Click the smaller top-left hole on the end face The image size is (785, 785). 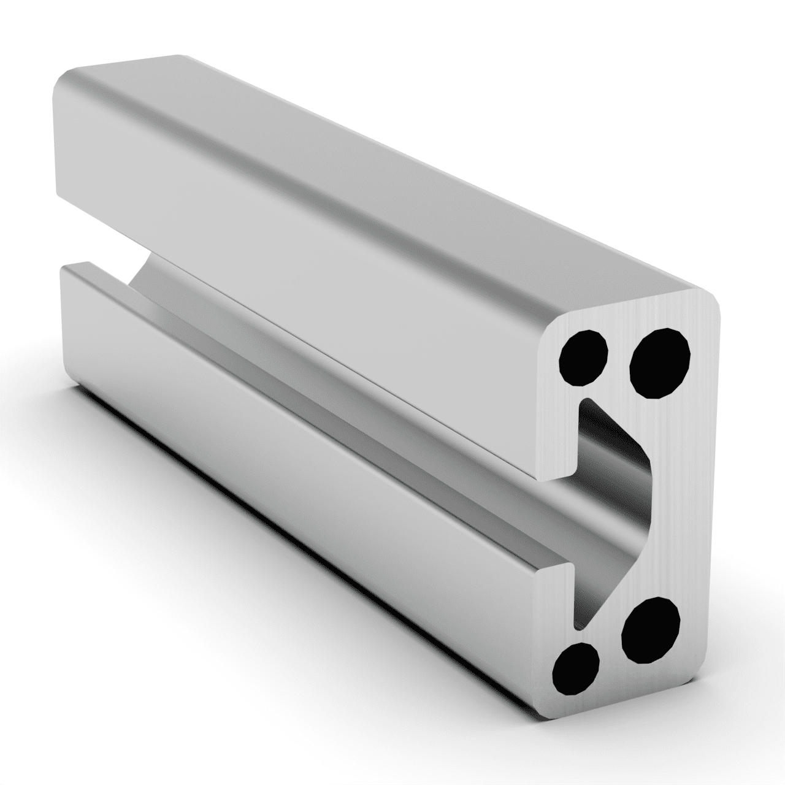(583, 358)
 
